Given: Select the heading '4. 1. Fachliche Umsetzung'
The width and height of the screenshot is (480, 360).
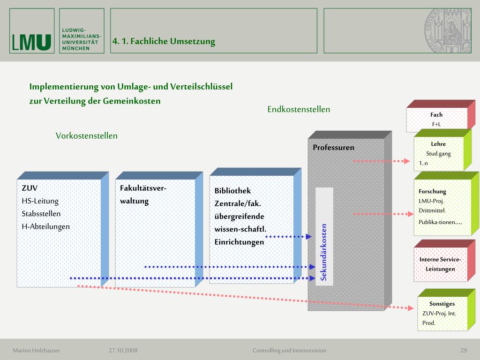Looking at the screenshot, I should [164, 41].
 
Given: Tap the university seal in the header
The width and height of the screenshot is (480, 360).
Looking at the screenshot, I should [448, 31].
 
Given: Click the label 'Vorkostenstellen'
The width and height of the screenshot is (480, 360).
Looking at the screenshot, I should [87, 136].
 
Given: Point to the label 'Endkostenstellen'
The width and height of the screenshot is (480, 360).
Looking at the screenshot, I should [299, 109].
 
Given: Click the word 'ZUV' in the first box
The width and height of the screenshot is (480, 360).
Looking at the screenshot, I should [30, 188].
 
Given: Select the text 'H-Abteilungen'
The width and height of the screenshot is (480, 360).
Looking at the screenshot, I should [45, 226].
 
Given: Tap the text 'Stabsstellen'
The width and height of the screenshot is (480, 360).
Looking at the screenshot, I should [41, 214].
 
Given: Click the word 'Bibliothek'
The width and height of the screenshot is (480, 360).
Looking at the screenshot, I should [232, 191].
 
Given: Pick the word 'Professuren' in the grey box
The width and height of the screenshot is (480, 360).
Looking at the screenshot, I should [334, 148].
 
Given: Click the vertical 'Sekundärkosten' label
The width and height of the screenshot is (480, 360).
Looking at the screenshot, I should [324, 252].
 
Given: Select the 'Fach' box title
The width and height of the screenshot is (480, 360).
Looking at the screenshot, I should [436, 114].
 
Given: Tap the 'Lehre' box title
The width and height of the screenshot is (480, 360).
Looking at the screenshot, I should [438, 144].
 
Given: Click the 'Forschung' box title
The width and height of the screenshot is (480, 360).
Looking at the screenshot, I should [432, 191].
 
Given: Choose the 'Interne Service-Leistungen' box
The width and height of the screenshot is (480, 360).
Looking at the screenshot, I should [440, 264].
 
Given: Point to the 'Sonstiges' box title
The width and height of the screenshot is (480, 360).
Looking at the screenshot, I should [442, 304].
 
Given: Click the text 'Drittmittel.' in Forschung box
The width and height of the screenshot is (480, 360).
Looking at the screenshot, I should [432, 210].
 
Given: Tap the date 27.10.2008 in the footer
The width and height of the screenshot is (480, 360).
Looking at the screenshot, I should [123, 350].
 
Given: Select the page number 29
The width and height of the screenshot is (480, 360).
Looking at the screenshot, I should [464, 350].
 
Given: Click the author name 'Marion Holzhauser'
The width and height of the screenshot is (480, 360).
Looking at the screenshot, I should [37, 350].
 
